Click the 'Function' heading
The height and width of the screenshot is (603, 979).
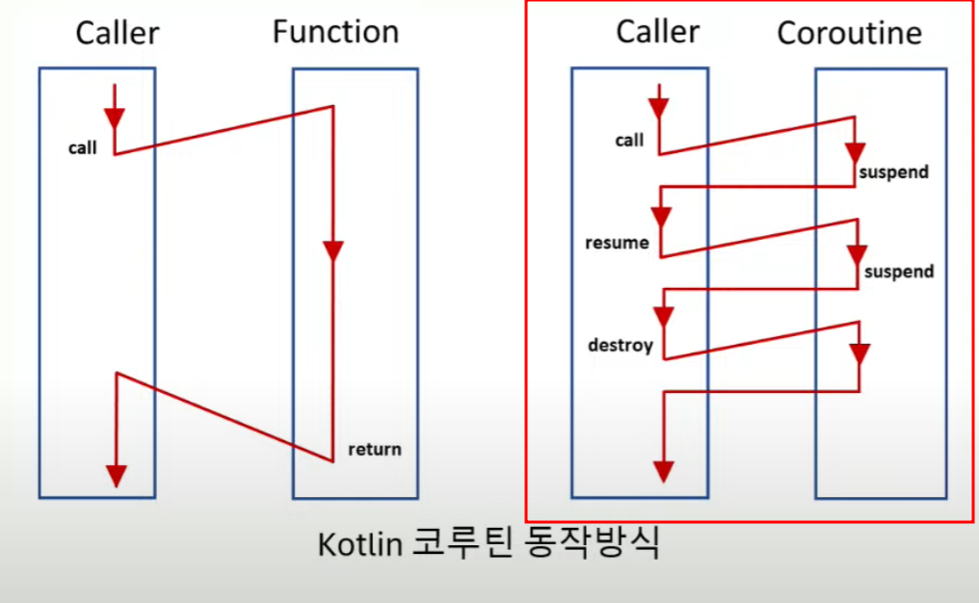[335, 32]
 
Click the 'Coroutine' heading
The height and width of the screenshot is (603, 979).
[849, 34]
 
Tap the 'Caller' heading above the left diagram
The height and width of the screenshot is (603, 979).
[117, 34]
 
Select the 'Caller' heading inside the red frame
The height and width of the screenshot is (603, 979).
[657, 32]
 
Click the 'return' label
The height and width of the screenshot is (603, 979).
[374, 449]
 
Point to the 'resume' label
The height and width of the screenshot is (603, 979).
[617, 243]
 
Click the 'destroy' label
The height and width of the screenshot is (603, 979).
[620, 344]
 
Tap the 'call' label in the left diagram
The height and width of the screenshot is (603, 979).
[82, 148]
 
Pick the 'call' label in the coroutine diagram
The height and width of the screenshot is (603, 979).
[628, 141]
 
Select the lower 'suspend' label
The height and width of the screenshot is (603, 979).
[898, 272]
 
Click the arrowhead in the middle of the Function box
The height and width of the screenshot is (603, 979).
[332, 251]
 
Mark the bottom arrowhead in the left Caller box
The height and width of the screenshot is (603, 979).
[116, 476]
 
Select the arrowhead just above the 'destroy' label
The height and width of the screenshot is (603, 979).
[663, 316]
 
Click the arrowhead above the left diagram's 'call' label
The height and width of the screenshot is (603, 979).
[115, 118]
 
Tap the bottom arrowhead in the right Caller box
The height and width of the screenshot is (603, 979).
[662, 470]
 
